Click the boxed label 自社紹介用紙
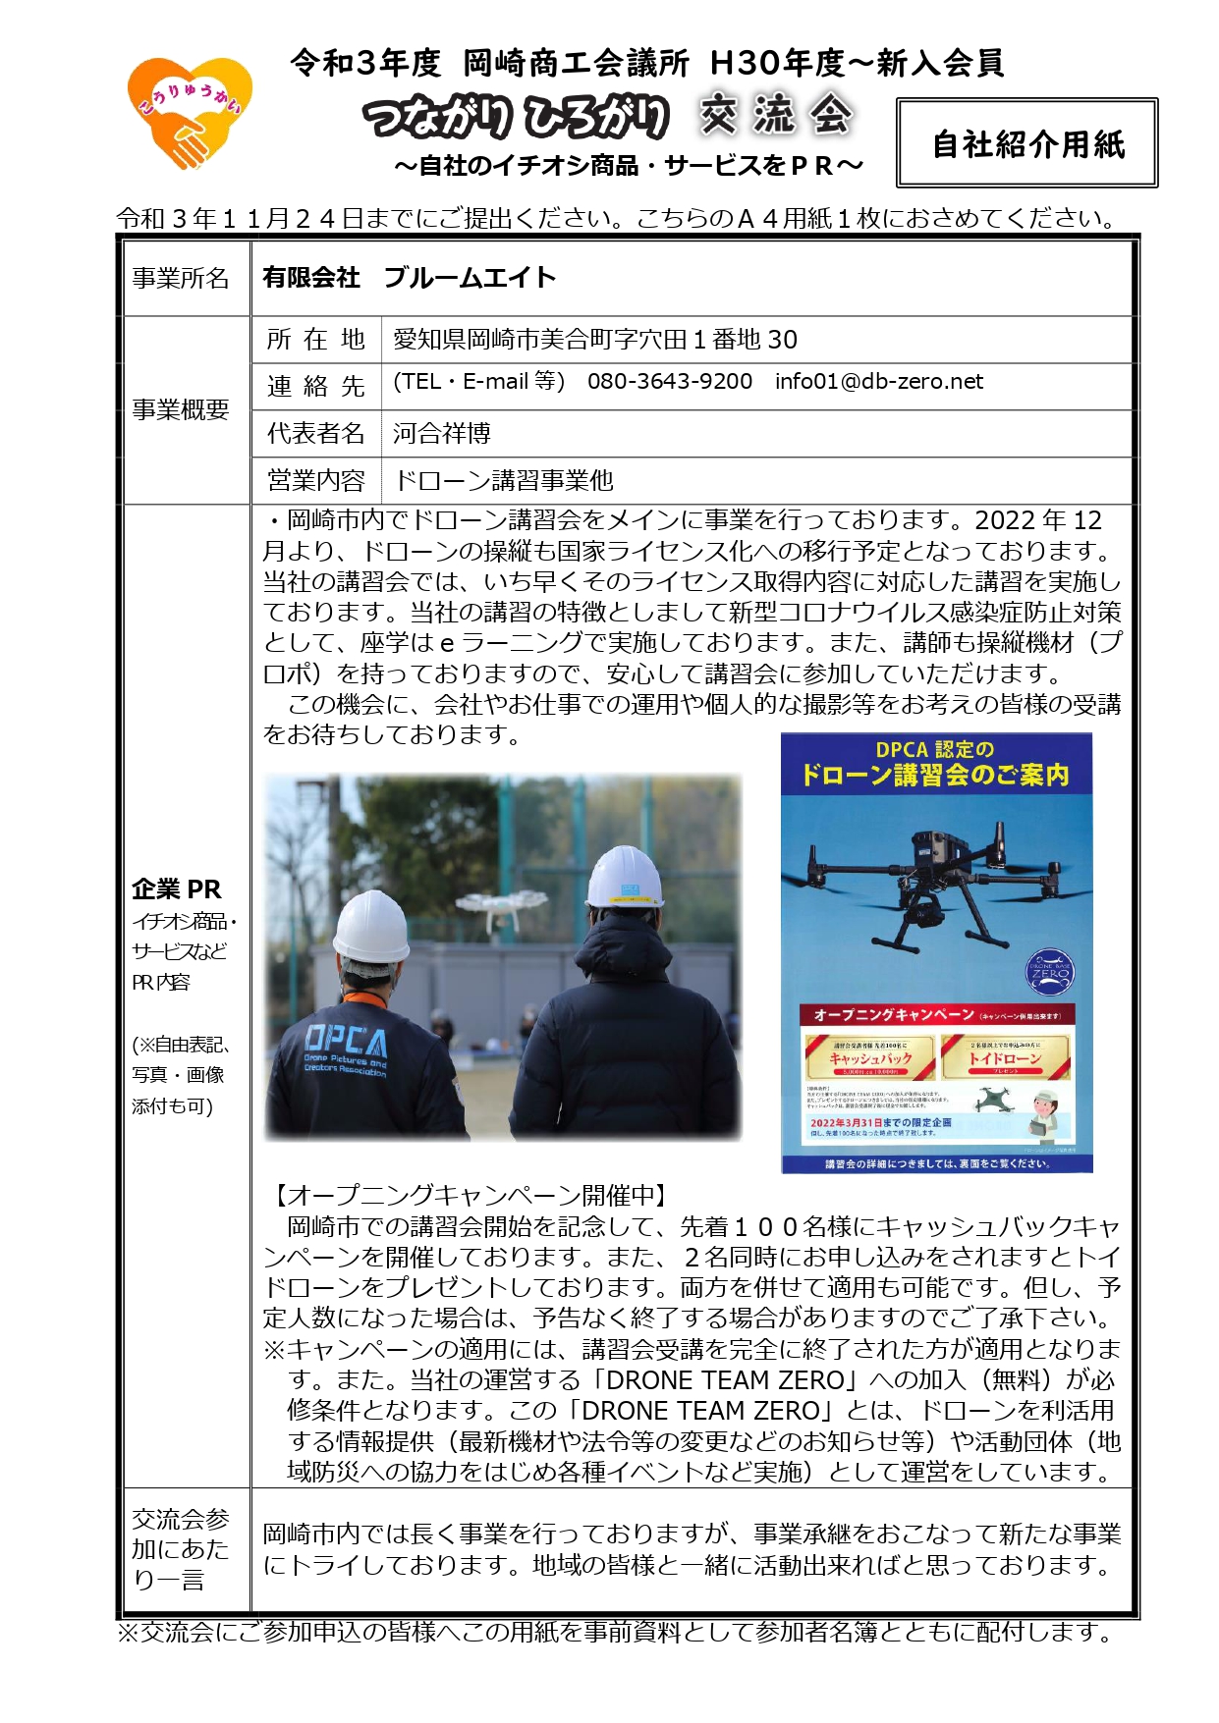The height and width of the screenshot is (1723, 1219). [1026, 144]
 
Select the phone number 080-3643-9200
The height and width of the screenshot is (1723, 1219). [669, 382]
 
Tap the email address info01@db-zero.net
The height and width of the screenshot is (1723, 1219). [878, 382]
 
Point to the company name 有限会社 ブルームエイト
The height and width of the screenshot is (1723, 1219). [409, 278]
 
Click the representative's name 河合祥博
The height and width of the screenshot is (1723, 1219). [442, 433]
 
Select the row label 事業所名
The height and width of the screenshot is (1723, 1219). [181, 279]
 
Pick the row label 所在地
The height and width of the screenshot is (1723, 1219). [315, 340]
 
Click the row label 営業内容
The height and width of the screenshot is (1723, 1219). [315, 480]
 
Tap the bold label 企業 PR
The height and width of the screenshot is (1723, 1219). [177, 889]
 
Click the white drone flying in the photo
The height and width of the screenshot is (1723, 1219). [514, 911]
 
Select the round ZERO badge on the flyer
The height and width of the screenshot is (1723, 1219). [1048, 973]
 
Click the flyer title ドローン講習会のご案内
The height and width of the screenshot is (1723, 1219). [934, 776]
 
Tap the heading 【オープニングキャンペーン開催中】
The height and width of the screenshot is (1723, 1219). [470, 1196]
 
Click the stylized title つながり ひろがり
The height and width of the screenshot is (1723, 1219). [517, 117]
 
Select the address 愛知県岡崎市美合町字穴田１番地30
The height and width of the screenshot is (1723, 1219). [595, 340]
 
